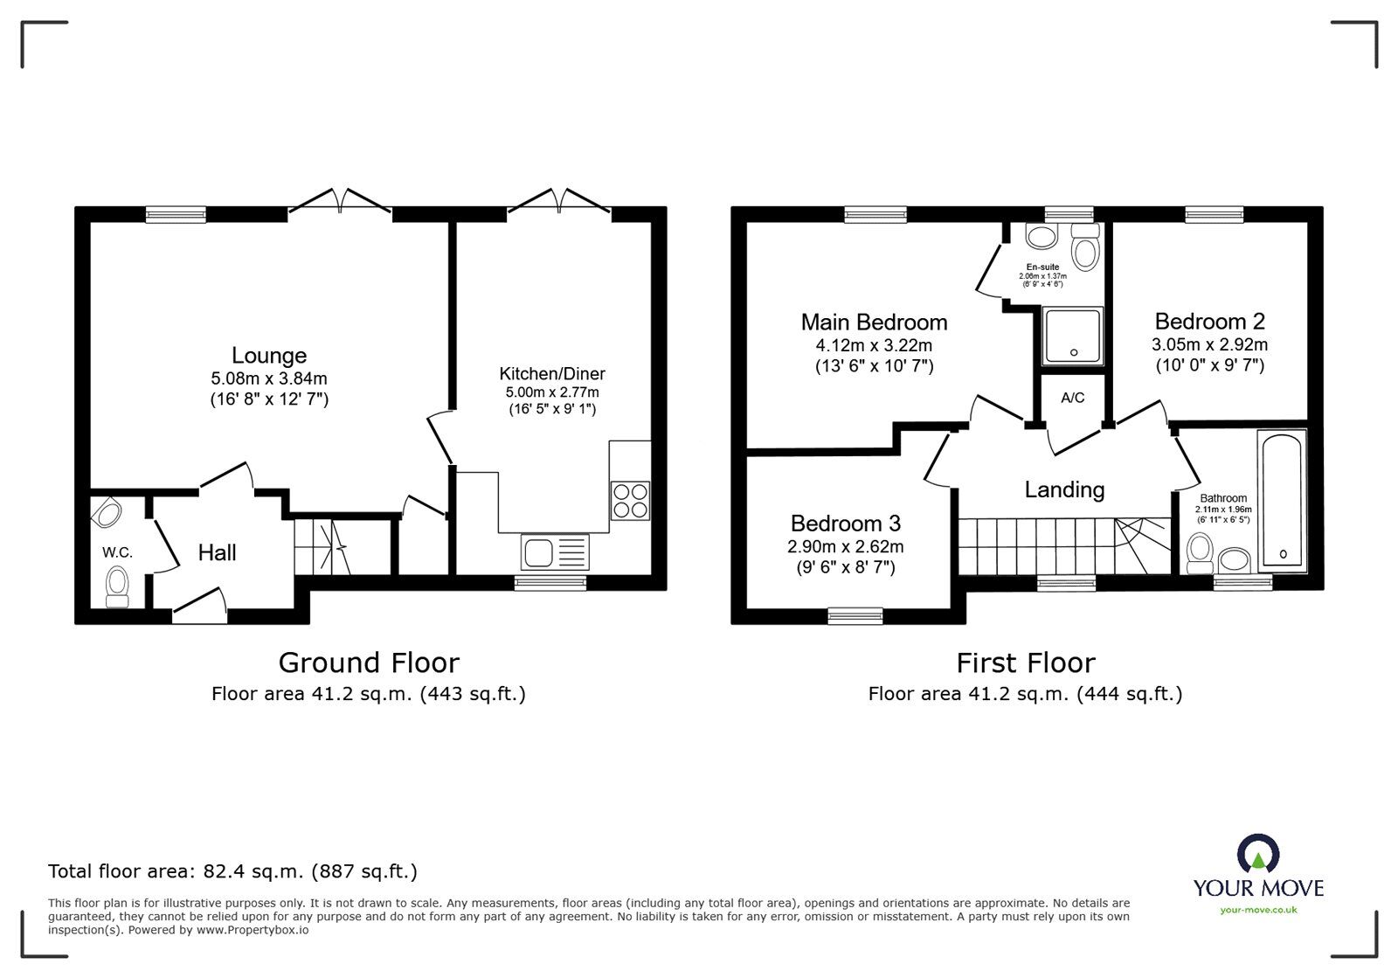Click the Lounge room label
tap(269, 356)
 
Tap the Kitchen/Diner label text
tap(552, 373)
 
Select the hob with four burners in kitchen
tap(630, 500)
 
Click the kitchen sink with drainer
tap(555, 552)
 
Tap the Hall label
tap(217, 552)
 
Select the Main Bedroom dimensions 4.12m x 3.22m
tap(874, 345)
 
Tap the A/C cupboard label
tap(1072, 398)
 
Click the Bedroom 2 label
tap(1209, 322)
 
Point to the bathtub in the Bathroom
tap(1282, 502)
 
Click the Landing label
tap(1064, 489)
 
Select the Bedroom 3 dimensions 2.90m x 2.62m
tap(845, 547)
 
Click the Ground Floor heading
tap(369, 662)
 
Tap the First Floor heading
tap(1025, 662)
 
